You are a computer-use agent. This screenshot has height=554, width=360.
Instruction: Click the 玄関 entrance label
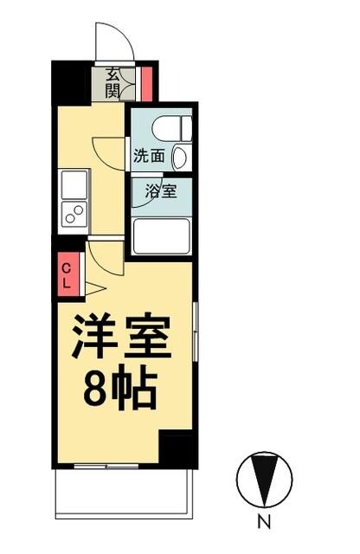tap(114, 83)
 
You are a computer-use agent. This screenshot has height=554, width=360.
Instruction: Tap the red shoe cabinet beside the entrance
tap(146, 83)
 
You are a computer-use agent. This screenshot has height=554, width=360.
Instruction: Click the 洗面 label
tap(148, 157)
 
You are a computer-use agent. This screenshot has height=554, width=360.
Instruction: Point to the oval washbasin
tap(179, 158)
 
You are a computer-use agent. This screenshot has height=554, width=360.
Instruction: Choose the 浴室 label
tap(161, 191)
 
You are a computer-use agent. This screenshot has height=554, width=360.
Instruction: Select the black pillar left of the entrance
tap(72, 82)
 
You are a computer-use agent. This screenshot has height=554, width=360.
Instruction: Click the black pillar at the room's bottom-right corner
tap(179, 448)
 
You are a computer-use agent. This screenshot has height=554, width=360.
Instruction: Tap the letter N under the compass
tap(264, 522)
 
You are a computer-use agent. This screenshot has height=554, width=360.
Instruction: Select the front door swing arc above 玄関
tap(114, 43)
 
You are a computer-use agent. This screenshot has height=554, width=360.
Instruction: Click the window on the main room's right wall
tap(196, 333)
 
